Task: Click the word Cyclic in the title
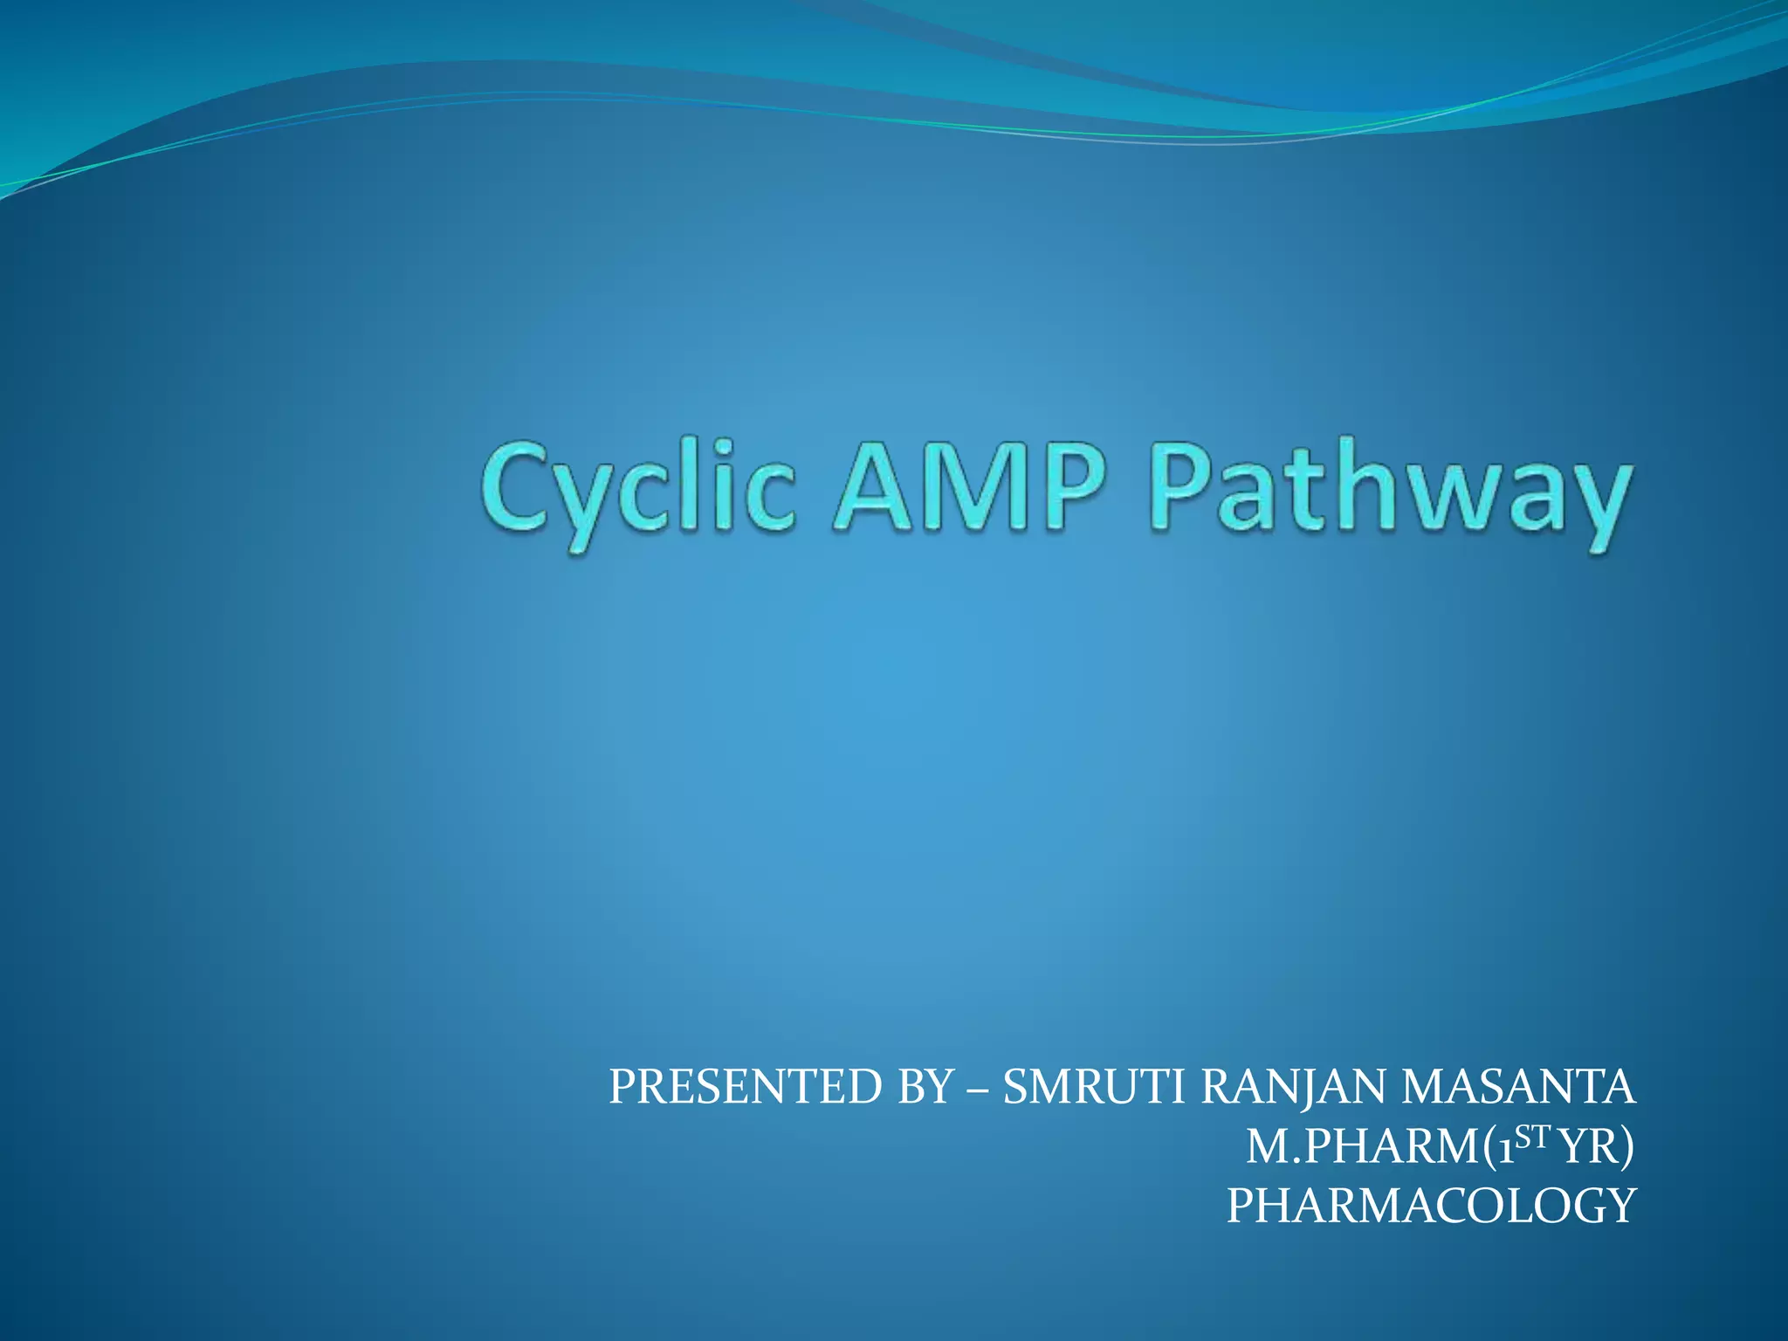coord(637,491)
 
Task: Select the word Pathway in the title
coord(1388,491)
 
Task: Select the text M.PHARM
coord(1362,1147)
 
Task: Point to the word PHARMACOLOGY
coord(1431,1207)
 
